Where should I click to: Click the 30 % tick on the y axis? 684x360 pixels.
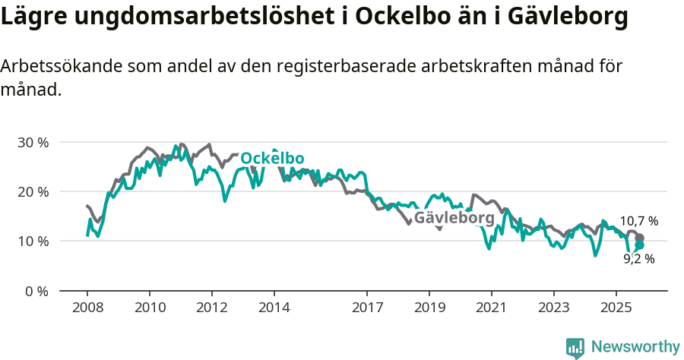click(33, 142)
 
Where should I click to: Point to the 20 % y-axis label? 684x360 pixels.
click(33, 191)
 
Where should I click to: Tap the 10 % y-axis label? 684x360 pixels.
click(33, 242)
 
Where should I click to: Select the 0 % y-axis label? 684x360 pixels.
click(36, 291)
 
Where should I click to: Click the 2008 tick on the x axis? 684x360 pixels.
click(87, 308)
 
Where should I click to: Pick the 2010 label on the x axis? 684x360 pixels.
click(150, 308)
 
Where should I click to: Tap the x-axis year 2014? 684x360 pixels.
click(274, 308)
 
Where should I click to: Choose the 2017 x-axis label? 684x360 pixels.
click(367, 308)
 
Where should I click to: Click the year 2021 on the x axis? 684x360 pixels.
click(492, 308)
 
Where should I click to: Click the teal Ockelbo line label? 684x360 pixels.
click(272, 158)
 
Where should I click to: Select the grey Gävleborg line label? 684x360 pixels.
click(454, 219)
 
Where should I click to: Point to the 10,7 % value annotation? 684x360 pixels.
click(639, 221)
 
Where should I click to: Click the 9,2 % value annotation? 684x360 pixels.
click(639, 259)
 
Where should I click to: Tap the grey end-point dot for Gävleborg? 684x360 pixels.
click(640, 238)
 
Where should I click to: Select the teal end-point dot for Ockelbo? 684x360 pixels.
click(640, 245)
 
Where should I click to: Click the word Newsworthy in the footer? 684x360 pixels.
click(635, 347)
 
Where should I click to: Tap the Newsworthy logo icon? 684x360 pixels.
click(575, 348)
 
